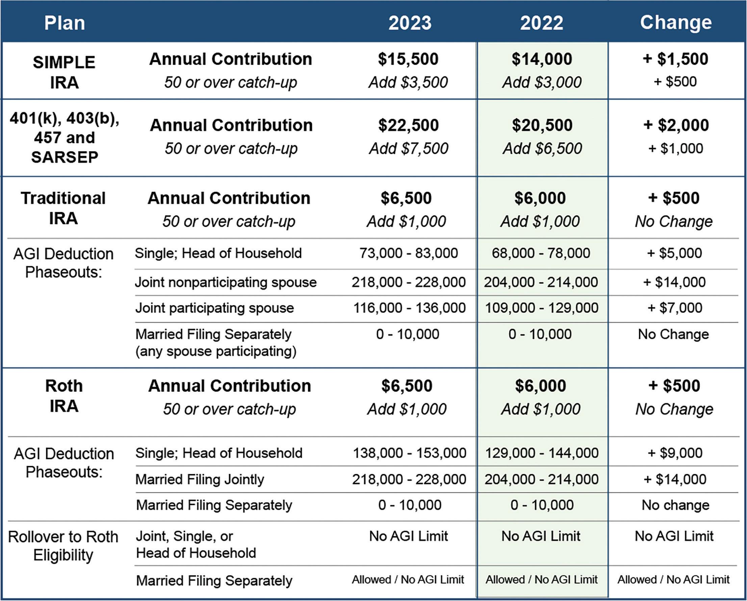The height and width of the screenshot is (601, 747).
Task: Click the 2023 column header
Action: tap(410, 23)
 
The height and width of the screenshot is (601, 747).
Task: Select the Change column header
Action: tap(676, 23)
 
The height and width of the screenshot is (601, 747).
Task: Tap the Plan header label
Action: tap(65, 23)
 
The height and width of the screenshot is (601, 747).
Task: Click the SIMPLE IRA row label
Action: tap(64, 72)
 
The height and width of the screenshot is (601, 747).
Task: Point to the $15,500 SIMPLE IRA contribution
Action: tap(408, 59)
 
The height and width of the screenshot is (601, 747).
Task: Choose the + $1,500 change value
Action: tap(675, 59)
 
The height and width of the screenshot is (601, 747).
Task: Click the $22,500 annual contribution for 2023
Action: tap(409, 125)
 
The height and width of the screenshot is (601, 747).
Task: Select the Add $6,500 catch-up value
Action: tap(542, 149)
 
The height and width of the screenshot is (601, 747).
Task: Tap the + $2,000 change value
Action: tap(676, 125)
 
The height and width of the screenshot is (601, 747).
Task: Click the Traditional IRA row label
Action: tap(63, 208)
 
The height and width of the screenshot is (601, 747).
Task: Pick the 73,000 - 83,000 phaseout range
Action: tap(409, 253)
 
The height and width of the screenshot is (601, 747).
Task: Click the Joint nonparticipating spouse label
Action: tap(226, 282)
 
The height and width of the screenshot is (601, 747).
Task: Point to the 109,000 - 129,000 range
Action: tap(542, 308)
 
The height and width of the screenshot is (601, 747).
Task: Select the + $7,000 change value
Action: tap(675, 308)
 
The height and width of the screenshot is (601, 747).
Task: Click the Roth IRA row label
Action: tap(64, 396)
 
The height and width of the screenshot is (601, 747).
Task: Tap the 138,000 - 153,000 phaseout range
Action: tap(410, 453)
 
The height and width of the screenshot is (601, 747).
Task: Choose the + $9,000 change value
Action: tap(675, 453)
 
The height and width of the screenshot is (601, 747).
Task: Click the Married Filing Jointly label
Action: tap(200, 479)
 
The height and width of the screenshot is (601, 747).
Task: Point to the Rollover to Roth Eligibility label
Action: tap(63, 546)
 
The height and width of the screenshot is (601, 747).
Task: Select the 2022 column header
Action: tap(542, 23)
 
